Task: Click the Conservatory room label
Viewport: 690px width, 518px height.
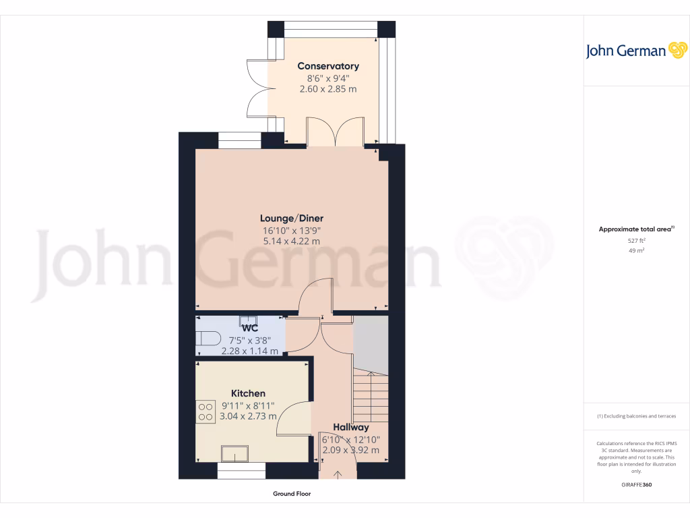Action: click(328, 66)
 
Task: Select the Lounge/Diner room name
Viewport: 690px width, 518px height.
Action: click(292, 218)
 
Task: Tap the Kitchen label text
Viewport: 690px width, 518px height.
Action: click(248, 393)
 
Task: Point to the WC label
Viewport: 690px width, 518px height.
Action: click(242, 328)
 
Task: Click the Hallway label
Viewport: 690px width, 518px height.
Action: click(350, 427)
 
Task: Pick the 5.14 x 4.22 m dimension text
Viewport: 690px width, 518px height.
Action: click(292, 241)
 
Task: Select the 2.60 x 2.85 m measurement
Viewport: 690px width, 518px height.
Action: click(328, 88)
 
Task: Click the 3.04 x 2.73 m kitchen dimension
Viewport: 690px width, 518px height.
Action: click(249, 416)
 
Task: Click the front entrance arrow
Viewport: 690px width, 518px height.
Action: click(338, 475)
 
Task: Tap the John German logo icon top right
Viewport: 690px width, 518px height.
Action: click(677, 51)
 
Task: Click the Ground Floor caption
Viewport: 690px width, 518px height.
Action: click(292, 494)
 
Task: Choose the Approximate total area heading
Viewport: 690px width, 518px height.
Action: click(635, 229)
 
